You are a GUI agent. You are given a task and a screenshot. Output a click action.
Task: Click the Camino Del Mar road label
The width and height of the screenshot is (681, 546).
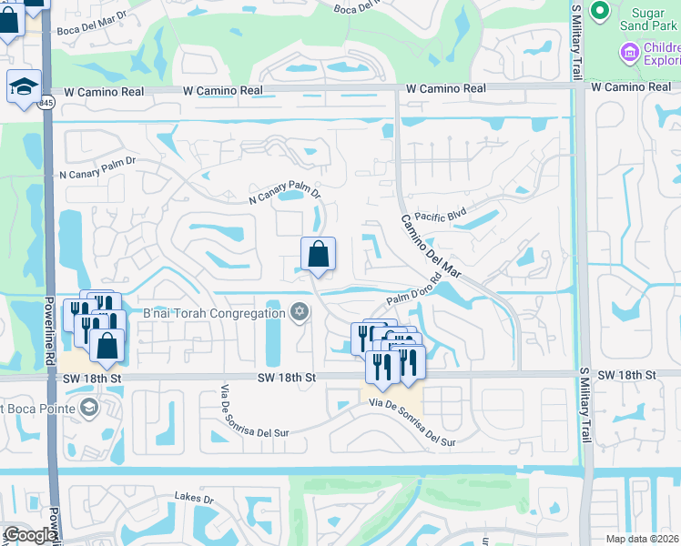click(432, 247)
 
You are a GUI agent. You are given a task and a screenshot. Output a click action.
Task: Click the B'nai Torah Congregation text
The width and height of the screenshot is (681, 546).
click(214, 314)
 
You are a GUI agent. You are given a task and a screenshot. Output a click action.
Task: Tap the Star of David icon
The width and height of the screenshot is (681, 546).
click(299, 313)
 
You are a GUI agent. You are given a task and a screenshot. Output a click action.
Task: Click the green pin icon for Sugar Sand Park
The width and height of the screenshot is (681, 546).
click(599, 11)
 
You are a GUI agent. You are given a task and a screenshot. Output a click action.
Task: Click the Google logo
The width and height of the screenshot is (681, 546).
click(29, 535)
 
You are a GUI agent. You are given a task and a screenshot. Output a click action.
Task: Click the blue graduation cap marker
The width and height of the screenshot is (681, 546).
click(24, 86)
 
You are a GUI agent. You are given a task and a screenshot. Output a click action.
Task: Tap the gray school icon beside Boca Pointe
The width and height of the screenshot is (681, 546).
click(87, 405)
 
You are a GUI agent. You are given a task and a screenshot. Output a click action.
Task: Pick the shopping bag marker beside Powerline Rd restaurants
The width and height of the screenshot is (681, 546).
click(107, 345)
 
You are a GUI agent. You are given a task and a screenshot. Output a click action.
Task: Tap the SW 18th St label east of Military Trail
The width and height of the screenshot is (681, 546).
click(630, 375)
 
